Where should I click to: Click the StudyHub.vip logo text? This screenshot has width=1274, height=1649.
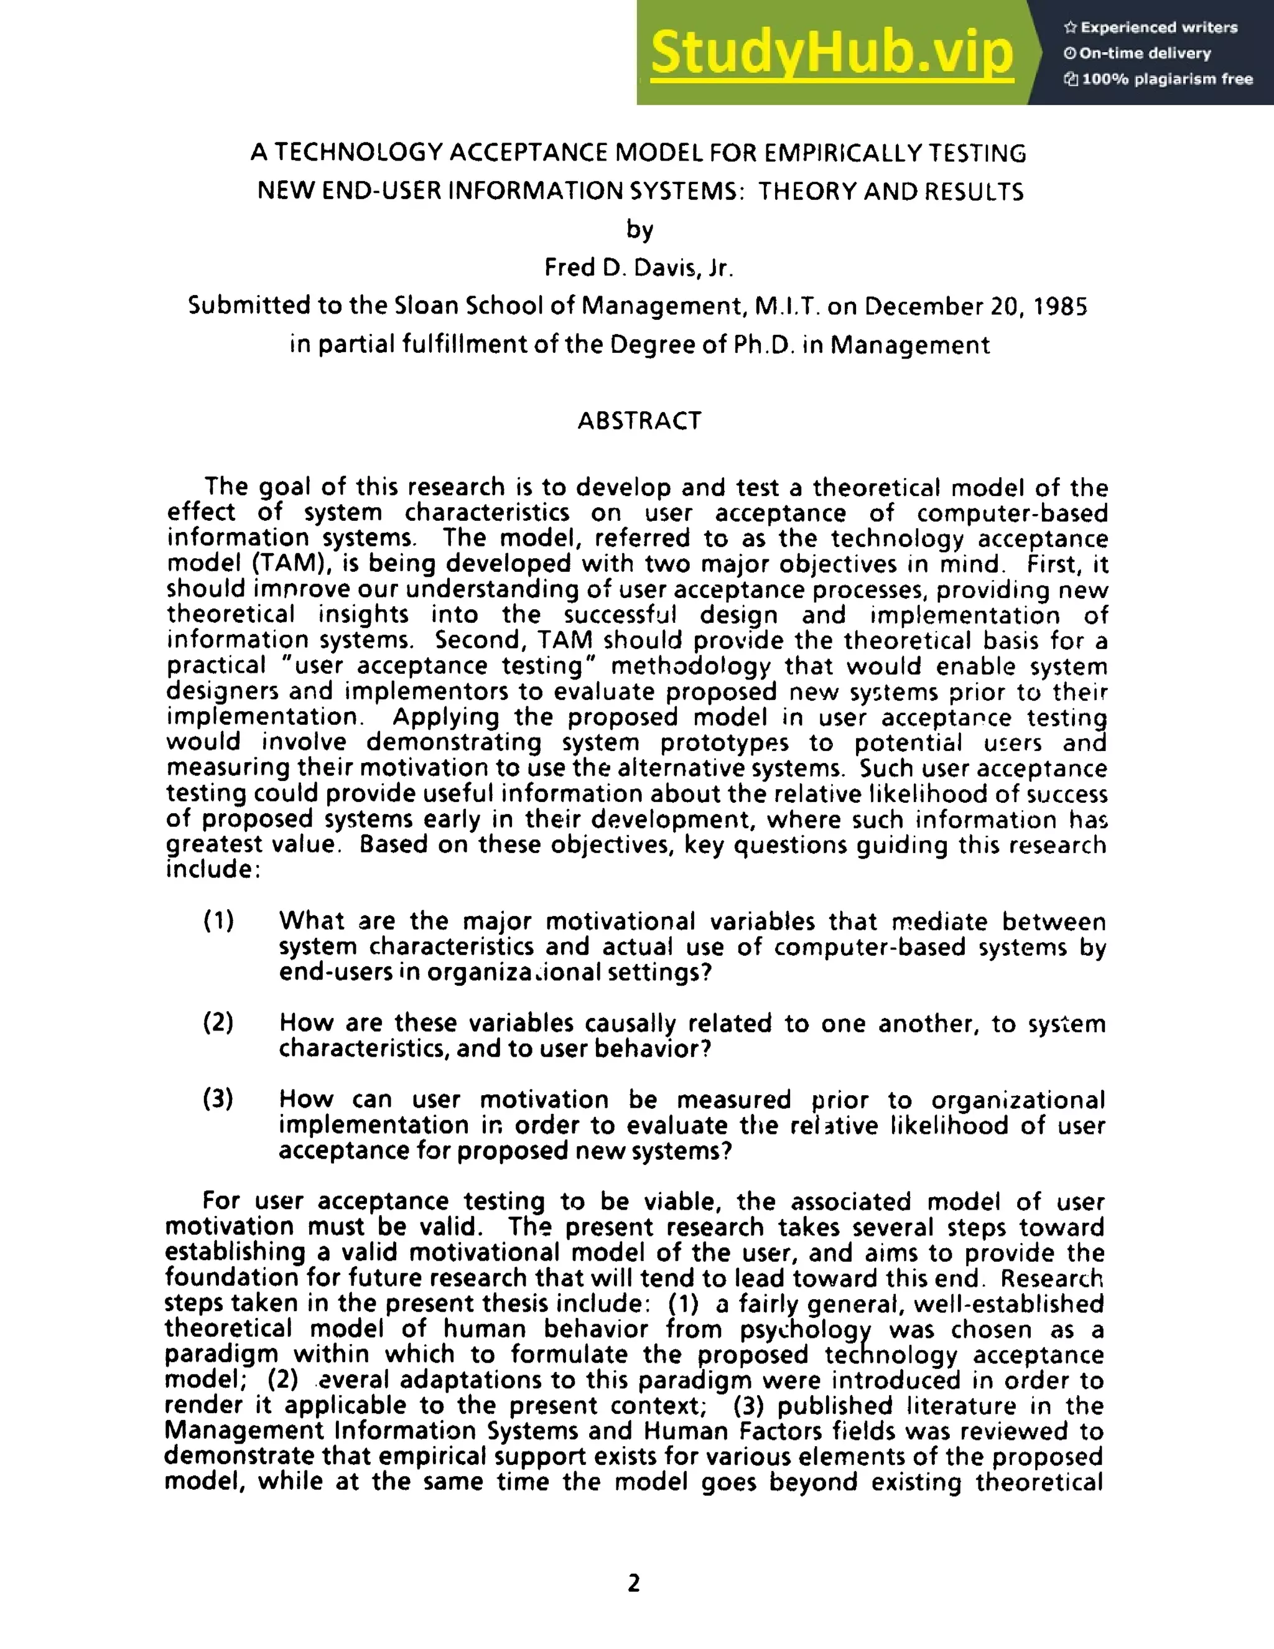(832, 54)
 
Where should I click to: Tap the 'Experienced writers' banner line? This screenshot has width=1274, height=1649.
(1151, 28)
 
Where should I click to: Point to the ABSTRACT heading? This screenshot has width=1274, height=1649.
(639, 421)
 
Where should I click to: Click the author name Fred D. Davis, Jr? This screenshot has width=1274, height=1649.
(638, 268)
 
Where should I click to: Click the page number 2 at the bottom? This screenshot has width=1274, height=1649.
(634, 1582)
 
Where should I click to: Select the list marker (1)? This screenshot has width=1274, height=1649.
(219, 921)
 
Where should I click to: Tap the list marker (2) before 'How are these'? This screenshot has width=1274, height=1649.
(219, 1023)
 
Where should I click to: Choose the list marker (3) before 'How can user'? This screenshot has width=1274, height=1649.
(219, 1100)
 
